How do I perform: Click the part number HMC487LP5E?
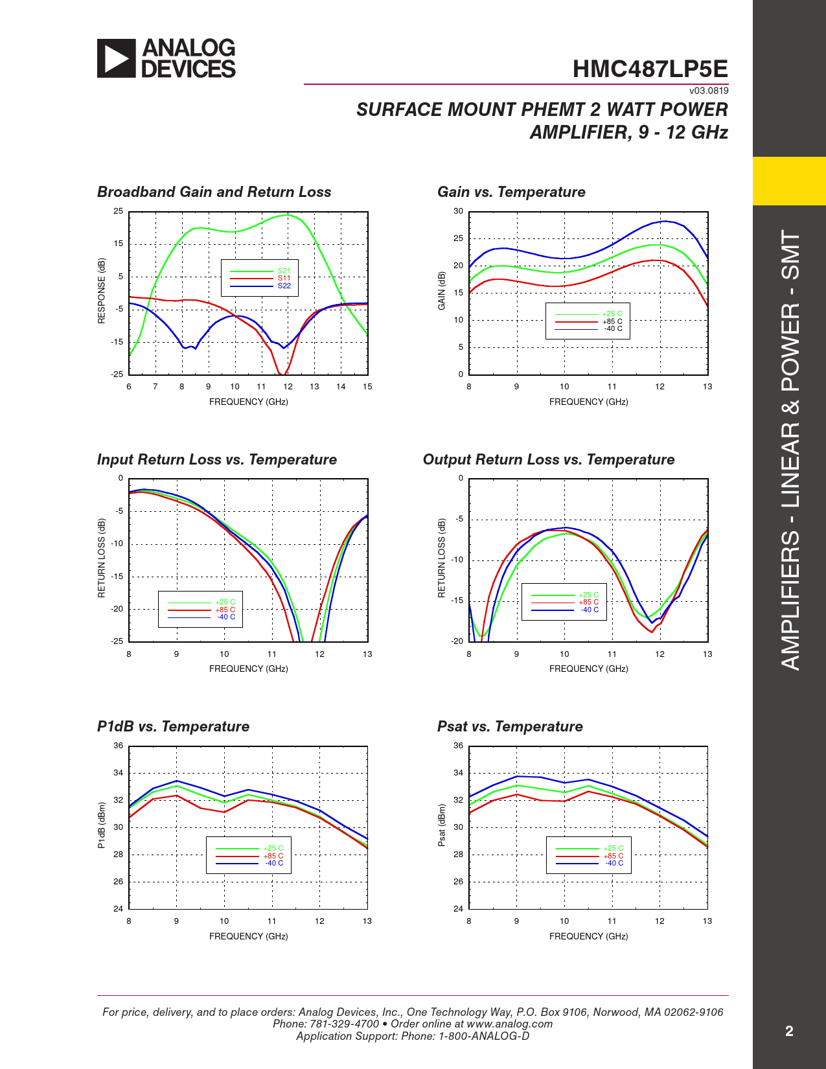point(650,69)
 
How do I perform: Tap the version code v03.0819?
point(709,91)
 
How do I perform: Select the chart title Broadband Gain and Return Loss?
point(214,192)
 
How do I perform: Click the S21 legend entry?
point(284,271)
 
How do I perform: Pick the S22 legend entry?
point(284,286)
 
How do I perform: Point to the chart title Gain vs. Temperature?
point(511,192)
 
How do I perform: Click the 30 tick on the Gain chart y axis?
point(458,211)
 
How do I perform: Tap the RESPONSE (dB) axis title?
point(102,291)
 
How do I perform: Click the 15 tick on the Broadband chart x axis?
point(367,387)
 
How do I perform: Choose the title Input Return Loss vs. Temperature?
point(217,459)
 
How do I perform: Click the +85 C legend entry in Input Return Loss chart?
point(225,610)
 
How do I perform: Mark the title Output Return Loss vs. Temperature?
point(549,459)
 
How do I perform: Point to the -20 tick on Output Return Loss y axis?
point(457,641)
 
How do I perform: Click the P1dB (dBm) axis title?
point(102,825)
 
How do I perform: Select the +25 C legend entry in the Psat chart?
point(613,848)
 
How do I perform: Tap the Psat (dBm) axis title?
point(442,825)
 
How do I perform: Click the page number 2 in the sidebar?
point(789,1031)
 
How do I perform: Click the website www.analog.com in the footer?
point(509,1024)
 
